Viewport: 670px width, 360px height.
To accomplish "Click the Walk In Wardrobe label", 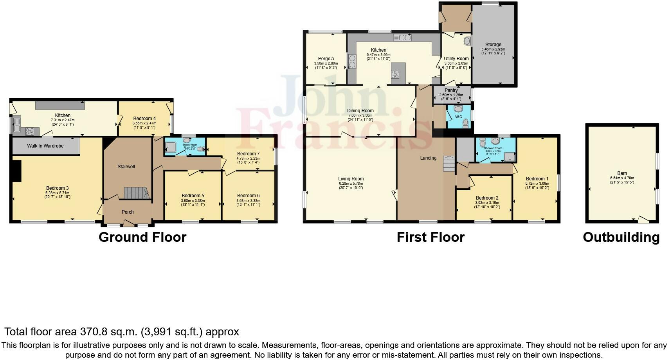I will (x=45, y=146).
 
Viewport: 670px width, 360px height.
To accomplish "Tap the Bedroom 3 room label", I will (x=57, y=188).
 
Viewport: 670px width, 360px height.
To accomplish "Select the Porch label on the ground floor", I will (x=128, y=212).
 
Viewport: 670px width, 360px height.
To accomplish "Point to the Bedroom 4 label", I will (x=144, y=119).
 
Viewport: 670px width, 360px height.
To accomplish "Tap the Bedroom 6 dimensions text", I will (x=248, y=202).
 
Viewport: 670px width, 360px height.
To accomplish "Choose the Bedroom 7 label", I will (x=248, y=154).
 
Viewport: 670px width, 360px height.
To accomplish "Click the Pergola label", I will (x=326, y=59).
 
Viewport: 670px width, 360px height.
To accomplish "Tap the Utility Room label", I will (x=456, y=59).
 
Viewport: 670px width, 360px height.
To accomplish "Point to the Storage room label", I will (x=493, y=45).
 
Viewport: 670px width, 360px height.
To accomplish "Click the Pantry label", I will (x=451, y=90).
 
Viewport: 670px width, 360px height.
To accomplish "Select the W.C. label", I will (x=459, y=117).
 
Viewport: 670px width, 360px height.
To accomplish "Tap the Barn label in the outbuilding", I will (x=622, y=173).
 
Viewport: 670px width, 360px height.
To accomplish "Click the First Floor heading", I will (x=430, y=237).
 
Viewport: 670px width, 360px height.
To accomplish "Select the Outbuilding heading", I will (x=621, y=237).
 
